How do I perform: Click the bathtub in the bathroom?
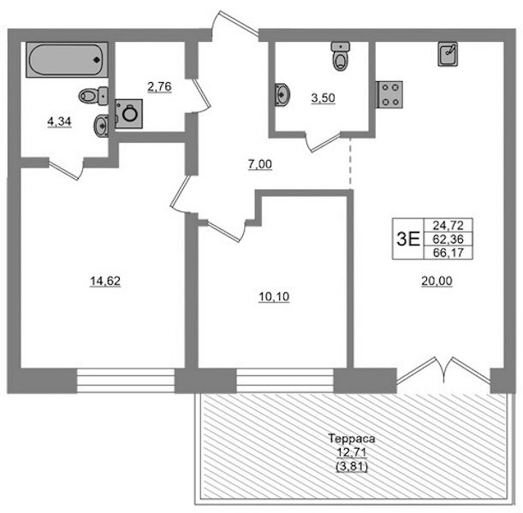67,60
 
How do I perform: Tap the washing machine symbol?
128,114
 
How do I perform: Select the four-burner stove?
389,95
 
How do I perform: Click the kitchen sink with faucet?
448,54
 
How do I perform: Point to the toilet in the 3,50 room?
341,56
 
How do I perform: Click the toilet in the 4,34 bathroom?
93,96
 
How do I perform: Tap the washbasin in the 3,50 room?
282,94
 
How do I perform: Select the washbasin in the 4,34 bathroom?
101,125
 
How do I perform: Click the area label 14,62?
105,281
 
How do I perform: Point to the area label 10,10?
274,297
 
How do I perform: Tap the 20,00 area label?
437,281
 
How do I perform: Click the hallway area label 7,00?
260,164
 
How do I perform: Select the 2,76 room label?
159,87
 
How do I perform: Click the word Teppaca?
352,439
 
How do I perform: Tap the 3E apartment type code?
408,239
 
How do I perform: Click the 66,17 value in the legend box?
449,252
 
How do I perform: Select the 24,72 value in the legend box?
449,226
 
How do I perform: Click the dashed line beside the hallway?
350,163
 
